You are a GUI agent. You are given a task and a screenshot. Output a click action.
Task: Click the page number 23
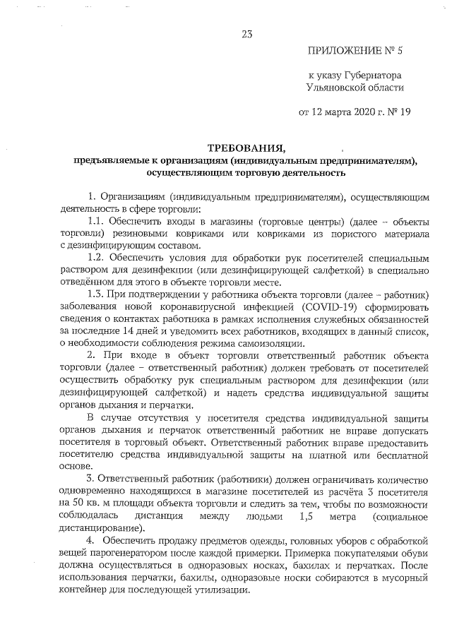click(247, 33)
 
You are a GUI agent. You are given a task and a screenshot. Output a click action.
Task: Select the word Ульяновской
click(333, 88)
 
